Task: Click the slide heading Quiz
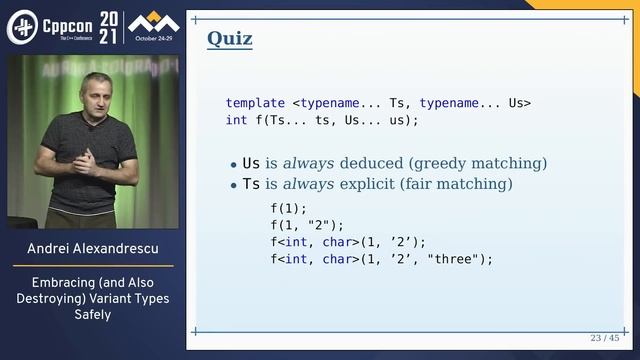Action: (x=229, y=39)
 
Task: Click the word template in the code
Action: (x=255, y=103)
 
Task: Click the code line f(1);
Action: (x=289, y=208)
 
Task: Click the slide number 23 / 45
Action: (x=603, y=338)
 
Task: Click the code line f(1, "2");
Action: (x=307, y=225)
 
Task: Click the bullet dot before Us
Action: (x=233, y=164)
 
